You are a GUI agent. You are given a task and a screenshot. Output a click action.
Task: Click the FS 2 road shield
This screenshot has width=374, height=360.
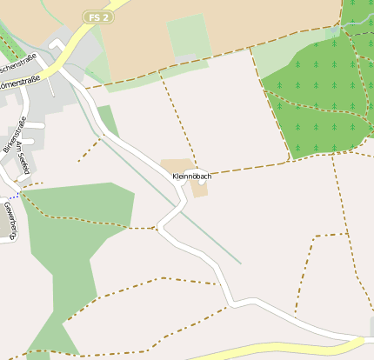(98, 17)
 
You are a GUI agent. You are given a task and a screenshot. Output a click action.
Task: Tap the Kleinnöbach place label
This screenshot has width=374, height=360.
(191, 176)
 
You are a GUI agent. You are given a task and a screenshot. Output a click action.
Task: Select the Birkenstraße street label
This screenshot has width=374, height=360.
(15, 134)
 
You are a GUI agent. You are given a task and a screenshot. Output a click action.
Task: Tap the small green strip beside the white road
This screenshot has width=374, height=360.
(108, 119)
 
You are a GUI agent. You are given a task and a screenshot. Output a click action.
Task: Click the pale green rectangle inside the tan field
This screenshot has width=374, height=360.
(189, 36)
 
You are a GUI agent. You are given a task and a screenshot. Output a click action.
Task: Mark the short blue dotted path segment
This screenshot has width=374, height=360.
(12, 196)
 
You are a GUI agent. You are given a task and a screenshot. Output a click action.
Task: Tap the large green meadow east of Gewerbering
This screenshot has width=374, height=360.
(78, 226)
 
